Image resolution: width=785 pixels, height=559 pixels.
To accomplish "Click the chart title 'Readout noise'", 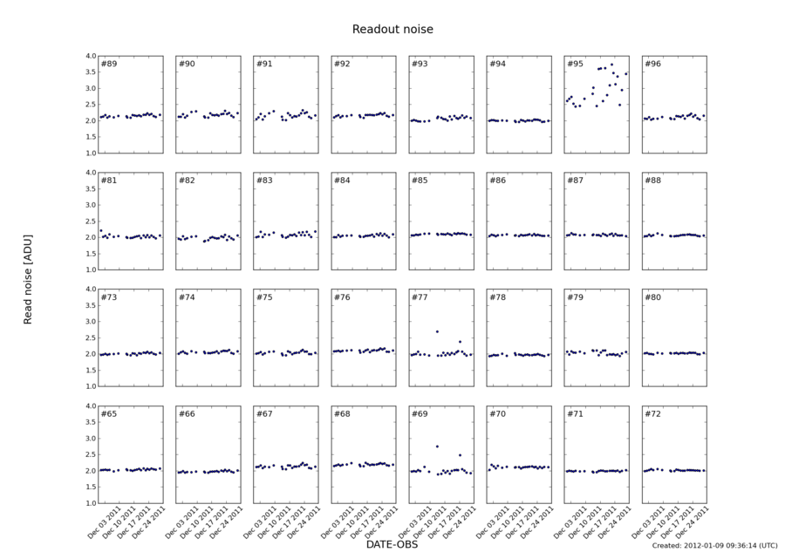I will coord(392,30).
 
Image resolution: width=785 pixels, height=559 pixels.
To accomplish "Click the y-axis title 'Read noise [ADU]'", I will coord(28,279).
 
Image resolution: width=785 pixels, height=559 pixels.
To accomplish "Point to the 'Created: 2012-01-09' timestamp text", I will coord(714,546).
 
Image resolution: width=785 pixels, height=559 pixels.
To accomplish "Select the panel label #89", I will coord(108,64).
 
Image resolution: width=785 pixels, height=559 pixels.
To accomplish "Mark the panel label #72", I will coord(652,413).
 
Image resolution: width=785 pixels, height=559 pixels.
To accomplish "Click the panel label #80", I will coord(652,297).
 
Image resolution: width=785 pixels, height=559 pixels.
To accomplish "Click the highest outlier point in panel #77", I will coord(437,331).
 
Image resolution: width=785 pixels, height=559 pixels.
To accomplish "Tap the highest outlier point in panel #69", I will coord(437,447).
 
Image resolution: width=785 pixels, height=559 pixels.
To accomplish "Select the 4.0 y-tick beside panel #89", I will coord(89,56).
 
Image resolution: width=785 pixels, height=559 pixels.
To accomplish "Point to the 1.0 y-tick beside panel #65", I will coord(89,503).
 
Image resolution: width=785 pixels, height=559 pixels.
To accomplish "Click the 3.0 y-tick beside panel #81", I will coord(89,205).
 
